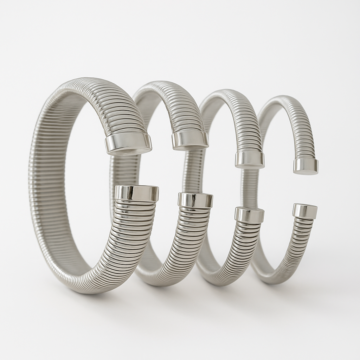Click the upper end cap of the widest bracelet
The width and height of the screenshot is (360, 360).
pos(129,143)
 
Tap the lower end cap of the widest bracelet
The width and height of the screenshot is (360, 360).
pos(137,193)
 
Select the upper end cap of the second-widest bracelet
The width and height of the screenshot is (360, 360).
pos(190,140)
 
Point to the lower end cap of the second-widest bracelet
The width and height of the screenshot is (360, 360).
pos(195,200)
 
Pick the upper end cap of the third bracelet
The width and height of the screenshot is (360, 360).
pos(250,159)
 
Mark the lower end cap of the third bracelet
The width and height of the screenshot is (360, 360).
pos(249,214)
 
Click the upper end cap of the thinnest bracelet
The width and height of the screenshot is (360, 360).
pos(306,166)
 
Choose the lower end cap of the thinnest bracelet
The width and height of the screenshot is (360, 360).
pos(305,211)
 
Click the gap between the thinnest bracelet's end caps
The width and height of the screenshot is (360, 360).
pos(305,189)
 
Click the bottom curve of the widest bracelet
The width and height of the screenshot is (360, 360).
pos(88,287)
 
